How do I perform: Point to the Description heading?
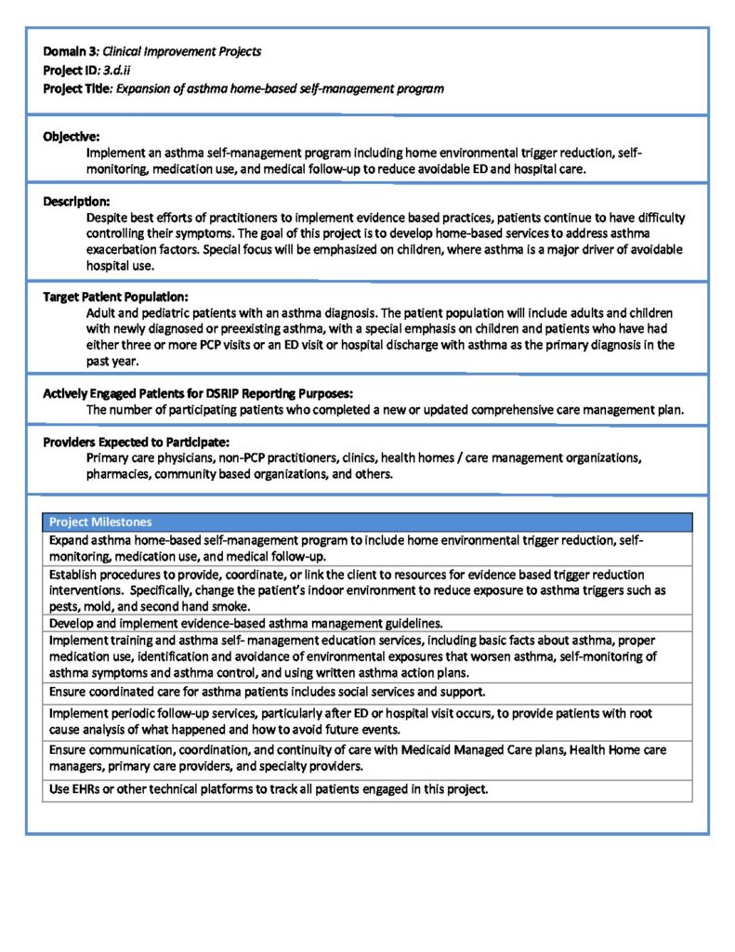point(76,201)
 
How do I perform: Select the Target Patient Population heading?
point(115,297)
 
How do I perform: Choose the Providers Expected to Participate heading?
point(136,443)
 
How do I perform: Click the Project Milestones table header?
point(100,522)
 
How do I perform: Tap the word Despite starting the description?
point(108,217)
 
